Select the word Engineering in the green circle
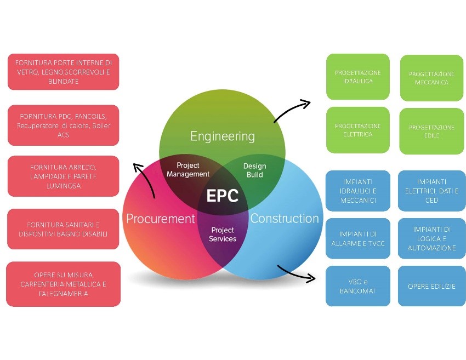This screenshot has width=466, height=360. [222, 136]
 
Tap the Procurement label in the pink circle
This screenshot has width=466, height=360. [161, 219]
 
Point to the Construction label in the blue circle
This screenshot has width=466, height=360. [284, 218]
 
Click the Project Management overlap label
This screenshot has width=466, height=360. [188, 170]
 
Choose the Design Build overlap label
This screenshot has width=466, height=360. [254, 170]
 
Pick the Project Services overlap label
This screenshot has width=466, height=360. [223, 235]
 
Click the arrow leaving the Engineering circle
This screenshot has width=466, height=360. [291, 110]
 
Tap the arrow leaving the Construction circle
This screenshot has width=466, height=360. [297, 273]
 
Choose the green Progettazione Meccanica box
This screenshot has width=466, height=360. [431, 78]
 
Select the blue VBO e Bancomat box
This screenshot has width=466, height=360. [357, 286]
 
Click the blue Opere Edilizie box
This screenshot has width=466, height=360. [431, 286]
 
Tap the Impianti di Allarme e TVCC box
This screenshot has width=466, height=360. [357, 238]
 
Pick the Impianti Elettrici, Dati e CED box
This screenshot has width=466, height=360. [431, 191]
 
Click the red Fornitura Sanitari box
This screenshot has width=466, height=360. [64, 229]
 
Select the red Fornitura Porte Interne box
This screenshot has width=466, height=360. [64, 72]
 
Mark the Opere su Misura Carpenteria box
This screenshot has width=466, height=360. [64, 284]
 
